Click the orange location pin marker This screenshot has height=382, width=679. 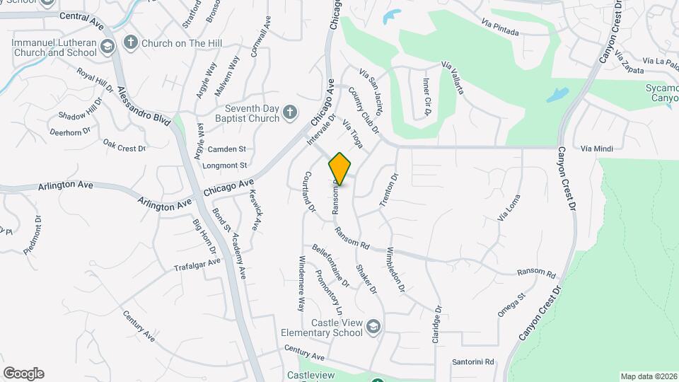click(340, 168)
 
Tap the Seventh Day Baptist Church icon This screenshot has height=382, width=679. click(289, 112)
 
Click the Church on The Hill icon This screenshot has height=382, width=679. click(130, 43)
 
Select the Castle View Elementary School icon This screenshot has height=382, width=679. click(373, 325)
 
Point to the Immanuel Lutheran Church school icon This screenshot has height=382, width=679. click(108, 47)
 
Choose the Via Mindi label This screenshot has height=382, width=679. click(596, 149)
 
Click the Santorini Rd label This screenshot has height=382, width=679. click(473, 362)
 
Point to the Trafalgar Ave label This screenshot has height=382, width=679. click(197, 265)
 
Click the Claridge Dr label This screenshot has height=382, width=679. click(437, 325)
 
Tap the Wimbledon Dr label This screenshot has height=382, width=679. click(395, 271)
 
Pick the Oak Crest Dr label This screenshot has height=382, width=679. click(124, 144)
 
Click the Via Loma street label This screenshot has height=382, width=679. click(509, 207)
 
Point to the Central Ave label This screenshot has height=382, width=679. click(81, 18)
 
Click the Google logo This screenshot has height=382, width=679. click(23, 374)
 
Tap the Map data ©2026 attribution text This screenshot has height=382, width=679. click(648, 376)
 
